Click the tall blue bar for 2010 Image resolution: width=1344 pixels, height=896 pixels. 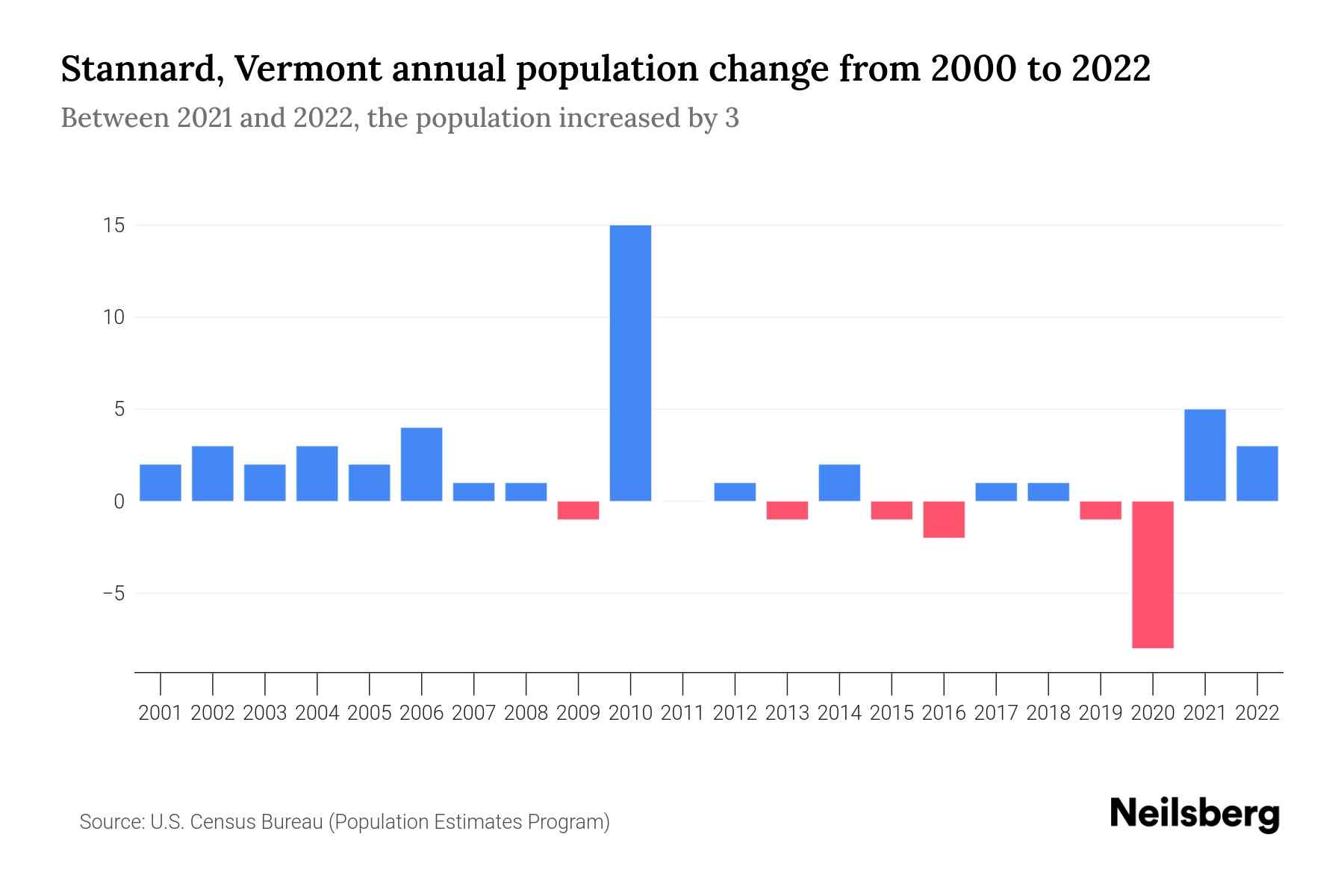[x=630, y=363]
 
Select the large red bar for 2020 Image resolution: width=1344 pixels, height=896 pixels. [x=1153, y=574]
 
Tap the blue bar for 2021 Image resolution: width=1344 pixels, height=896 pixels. [x=1205, y=455]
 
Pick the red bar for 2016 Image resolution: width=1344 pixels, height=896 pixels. [x=944, y=519]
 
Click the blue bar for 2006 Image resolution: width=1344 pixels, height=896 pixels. [x=422, y=464]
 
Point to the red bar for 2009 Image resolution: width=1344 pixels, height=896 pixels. [x=579, y=510]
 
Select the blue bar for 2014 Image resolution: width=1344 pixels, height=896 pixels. [x=839, y=482]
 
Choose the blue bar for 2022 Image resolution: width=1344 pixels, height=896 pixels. [x=1257, y=473]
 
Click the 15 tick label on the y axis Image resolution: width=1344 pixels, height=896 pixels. [x=113, y=225]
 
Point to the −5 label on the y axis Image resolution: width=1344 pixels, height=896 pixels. [x=113, y=594]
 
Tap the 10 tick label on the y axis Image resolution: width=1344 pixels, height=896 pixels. [x=113, y=317]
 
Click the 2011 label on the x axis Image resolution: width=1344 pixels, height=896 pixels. [x=682, y=713]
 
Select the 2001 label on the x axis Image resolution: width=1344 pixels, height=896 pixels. [x=161, y=713]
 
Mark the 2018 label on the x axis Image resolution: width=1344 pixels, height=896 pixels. [x=1048, y=713]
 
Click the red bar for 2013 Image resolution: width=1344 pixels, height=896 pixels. [x=787, y=510]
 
